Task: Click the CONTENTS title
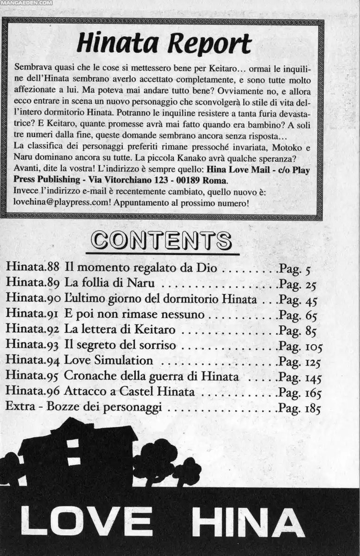click(161, 240)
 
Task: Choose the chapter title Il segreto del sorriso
click(120, 345)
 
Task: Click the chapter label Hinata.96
click(32, 392)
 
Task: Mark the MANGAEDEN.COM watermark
click(26, 2)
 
